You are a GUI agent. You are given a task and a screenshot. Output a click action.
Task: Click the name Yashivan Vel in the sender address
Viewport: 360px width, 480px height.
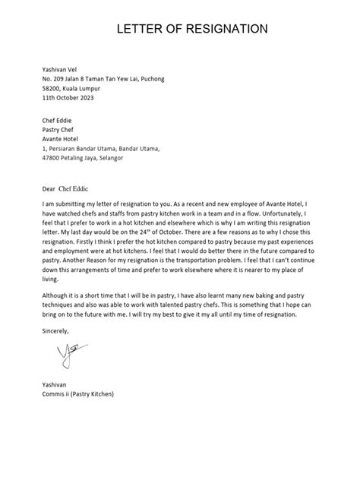[x=62, y=68]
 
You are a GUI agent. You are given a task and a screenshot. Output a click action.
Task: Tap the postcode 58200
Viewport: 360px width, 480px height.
[x=52, y=88]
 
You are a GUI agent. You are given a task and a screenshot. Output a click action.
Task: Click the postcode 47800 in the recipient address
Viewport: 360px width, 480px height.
[x=52, y=159]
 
